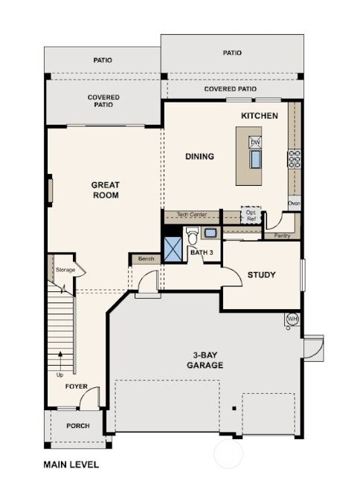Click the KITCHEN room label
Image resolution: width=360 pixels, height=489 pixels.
[259, 116]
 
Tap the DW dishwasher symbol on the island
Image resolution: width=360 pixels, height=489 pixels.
[255, 143]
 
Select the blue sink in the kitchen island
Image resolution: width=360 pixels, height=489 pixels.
[255, 161]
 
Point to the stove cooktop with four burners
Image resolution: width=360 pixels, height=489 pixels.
[294, 158]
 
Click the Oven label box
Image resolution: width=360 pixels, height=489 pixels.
[294, 203]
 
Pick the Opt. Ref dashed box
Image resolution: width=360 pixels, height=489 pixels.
[251, 214]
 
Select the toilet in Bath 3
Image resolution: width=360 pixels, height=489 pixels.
[192, 237]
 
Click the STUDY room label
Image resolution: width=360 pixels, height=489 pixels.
[261, 275]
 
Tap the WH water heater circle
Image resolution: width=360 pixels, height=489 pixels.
[293, 320]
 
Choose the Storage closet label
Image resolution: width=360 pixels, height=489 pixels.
[65, 270]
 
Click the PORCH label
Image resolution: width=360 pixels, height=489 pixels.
[77, 426]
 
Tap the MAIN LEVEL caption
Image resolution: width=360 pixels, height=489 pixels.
[71, 464]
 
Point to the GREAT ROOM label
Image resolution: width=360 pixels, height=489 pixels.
[106, 190]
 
